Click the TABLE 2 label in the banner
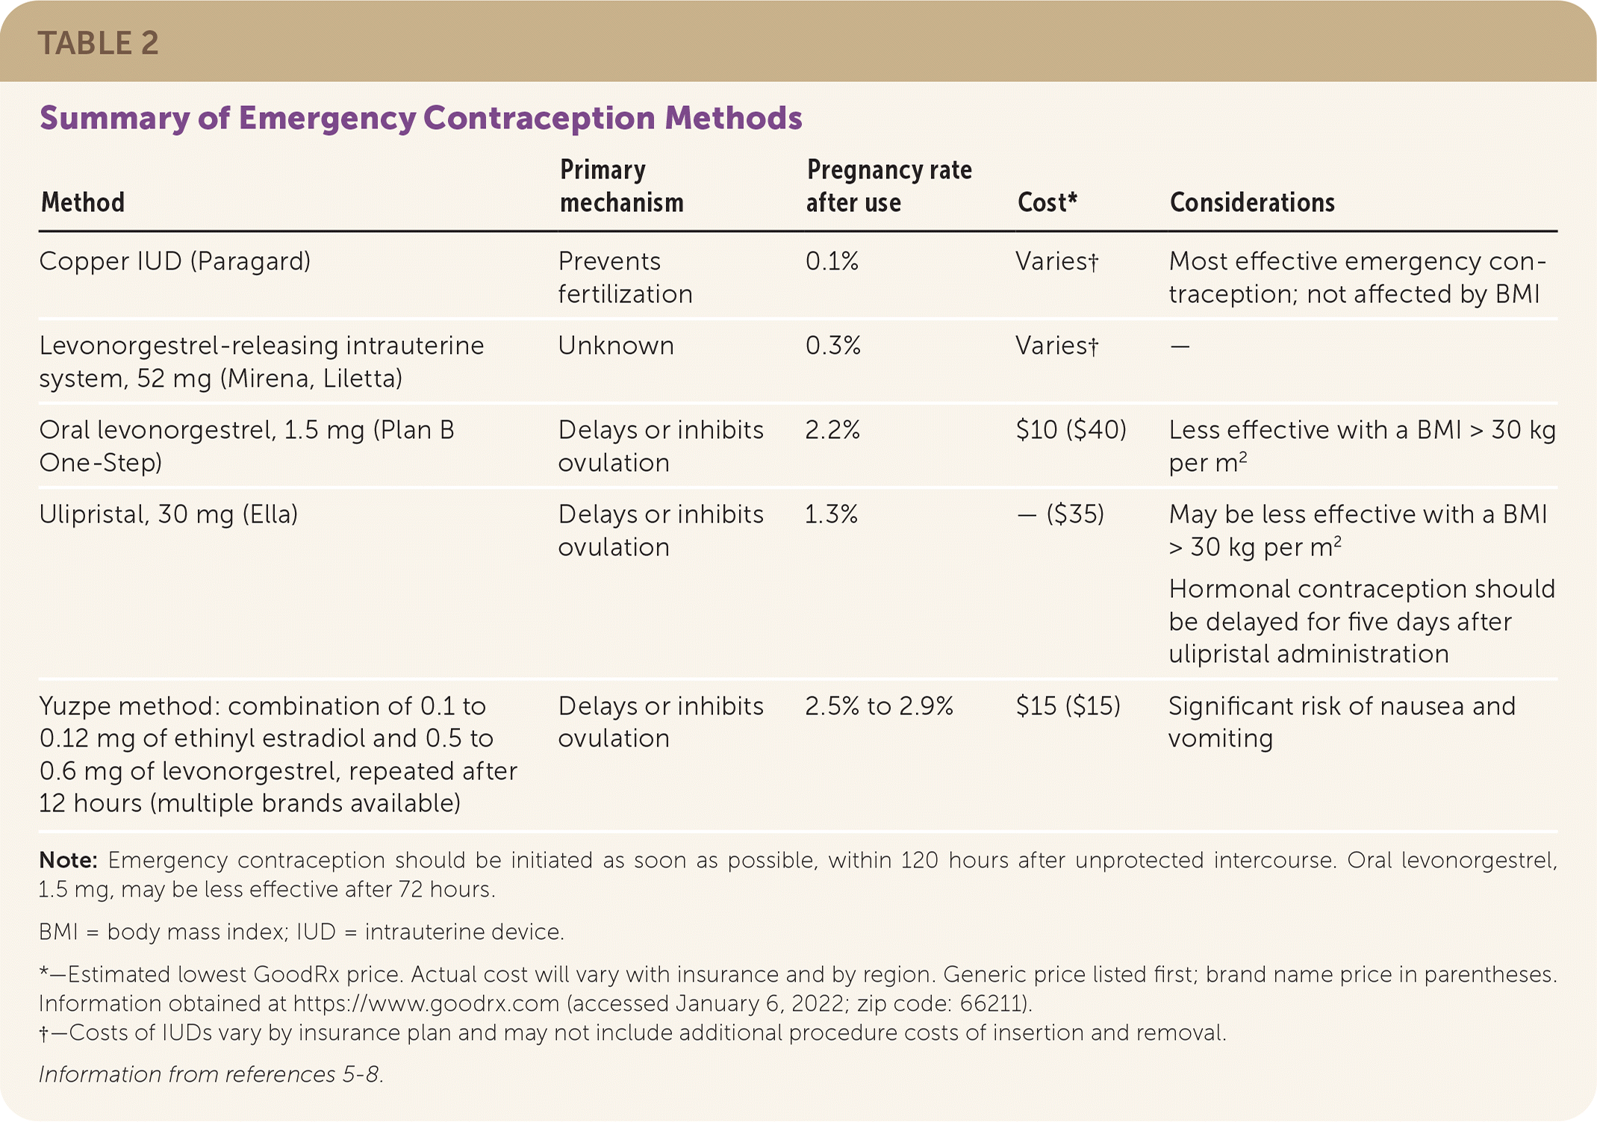pos(98,43)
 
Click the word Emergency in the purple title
pos(326,118)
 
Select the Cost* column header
pos(1047,202)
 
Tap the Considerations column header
pos(1251,202)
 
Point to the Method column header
pos(83,202)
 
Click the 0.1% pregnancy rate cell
pos(832,261)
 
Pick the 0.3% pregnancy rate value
pos(833,346)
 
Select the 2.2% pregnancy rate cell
pos(832,430)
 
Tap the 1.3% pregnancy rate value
pos(831,514)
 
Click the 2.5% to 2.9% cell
pos(879,706)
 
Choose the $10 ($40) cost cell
pos(1071,430)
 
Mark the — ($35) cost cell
pos(1060,514)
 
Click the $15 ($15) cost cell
pos(1068,706)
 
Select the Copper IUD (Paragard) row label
pos(175,261)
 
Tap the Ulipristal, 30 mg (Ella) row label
pos(169,514)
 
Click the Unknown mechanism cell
pos(616,346)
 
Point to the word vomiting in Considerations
pos(1220,738)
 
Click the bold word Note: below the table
pos(68,860)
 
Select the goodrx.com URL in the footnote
pos(426,1003)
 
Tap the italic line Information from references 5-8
pos(211,1074)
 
